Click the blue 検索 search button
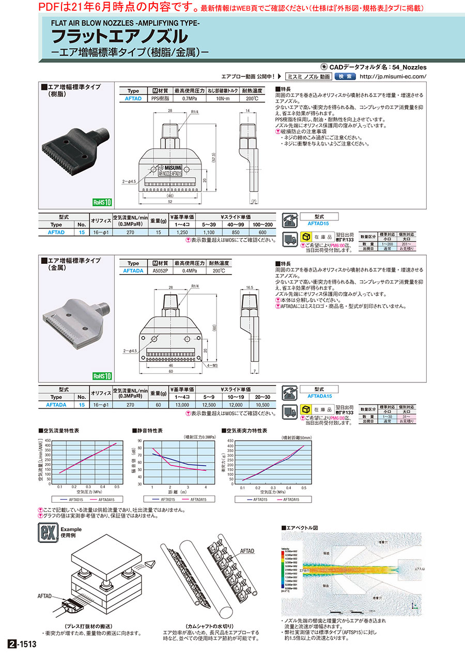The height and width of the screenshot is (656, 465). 345,76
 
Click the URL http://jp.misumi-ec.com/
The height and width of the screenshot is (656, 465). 393,76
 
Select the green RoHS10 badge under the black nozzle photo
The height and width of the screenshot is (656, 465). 102,203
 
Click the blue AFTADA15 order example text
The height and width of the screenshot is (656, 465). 322,396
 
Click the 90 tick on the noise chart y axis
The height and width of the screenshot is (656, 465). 139,440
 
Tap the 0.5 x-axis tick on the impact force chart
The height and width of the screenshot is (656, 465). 304,488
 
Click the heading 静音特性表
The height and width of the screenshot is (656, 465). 150,430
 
